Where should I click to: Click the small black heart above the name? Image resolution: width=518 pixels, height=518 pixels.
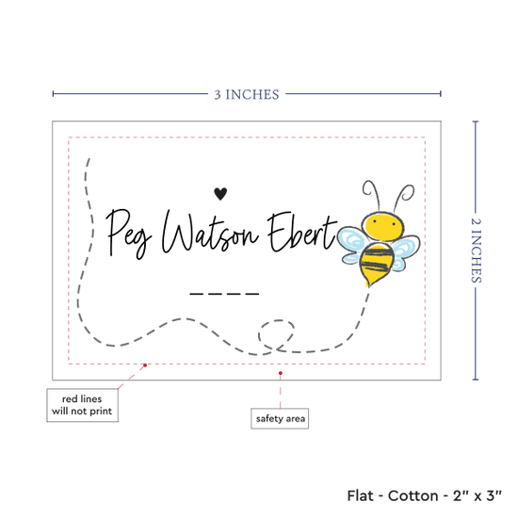click(220, 193)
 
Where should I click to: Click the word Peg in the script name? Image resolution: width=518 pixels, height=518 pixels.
click(128, 234)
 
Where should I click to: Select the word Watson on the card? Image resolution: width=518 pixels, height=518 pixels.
click(209, 233)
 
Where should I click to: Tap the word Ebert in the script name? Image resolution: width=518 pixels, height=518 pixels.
click(302, 232)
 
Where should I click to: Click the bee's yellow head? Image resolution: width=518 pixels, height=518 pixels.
click(383, 225)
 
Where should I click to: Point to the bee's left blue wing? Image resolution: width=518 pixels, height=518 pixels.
click(352, 244)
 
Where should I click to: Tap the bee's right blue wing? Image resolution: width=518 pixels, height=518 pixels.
click(406, 251)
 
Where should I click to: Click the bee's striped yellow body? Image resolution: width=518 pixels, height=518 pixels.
click(377, 264)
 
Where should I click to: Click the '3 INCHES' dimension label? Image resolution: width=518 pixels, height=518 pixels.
click(247, 95)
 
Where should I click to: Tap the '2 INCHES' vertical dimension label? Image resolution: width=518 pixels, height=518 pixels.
click(476, 251)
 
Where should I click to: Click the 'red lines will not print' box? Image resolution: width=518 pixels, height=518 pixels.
click(82, 405)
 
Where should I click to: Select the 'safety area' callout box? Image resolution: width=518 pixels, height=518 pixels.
click(280, 418)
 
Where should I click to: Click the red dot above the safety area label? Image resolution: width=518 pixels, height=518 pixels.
click(280, 373)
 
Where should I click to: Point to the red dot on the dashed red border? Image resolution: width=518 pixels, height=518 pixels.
click(145, 365)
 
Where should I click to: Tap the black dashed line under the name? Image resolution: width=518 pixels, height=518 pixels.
click(224, 293)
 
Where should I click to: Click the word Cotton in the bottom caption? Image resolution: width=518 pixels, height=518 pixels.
click(413, 495)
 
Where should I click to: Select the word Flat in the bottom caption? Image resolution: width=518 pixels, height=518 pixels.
click(360, 495)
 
